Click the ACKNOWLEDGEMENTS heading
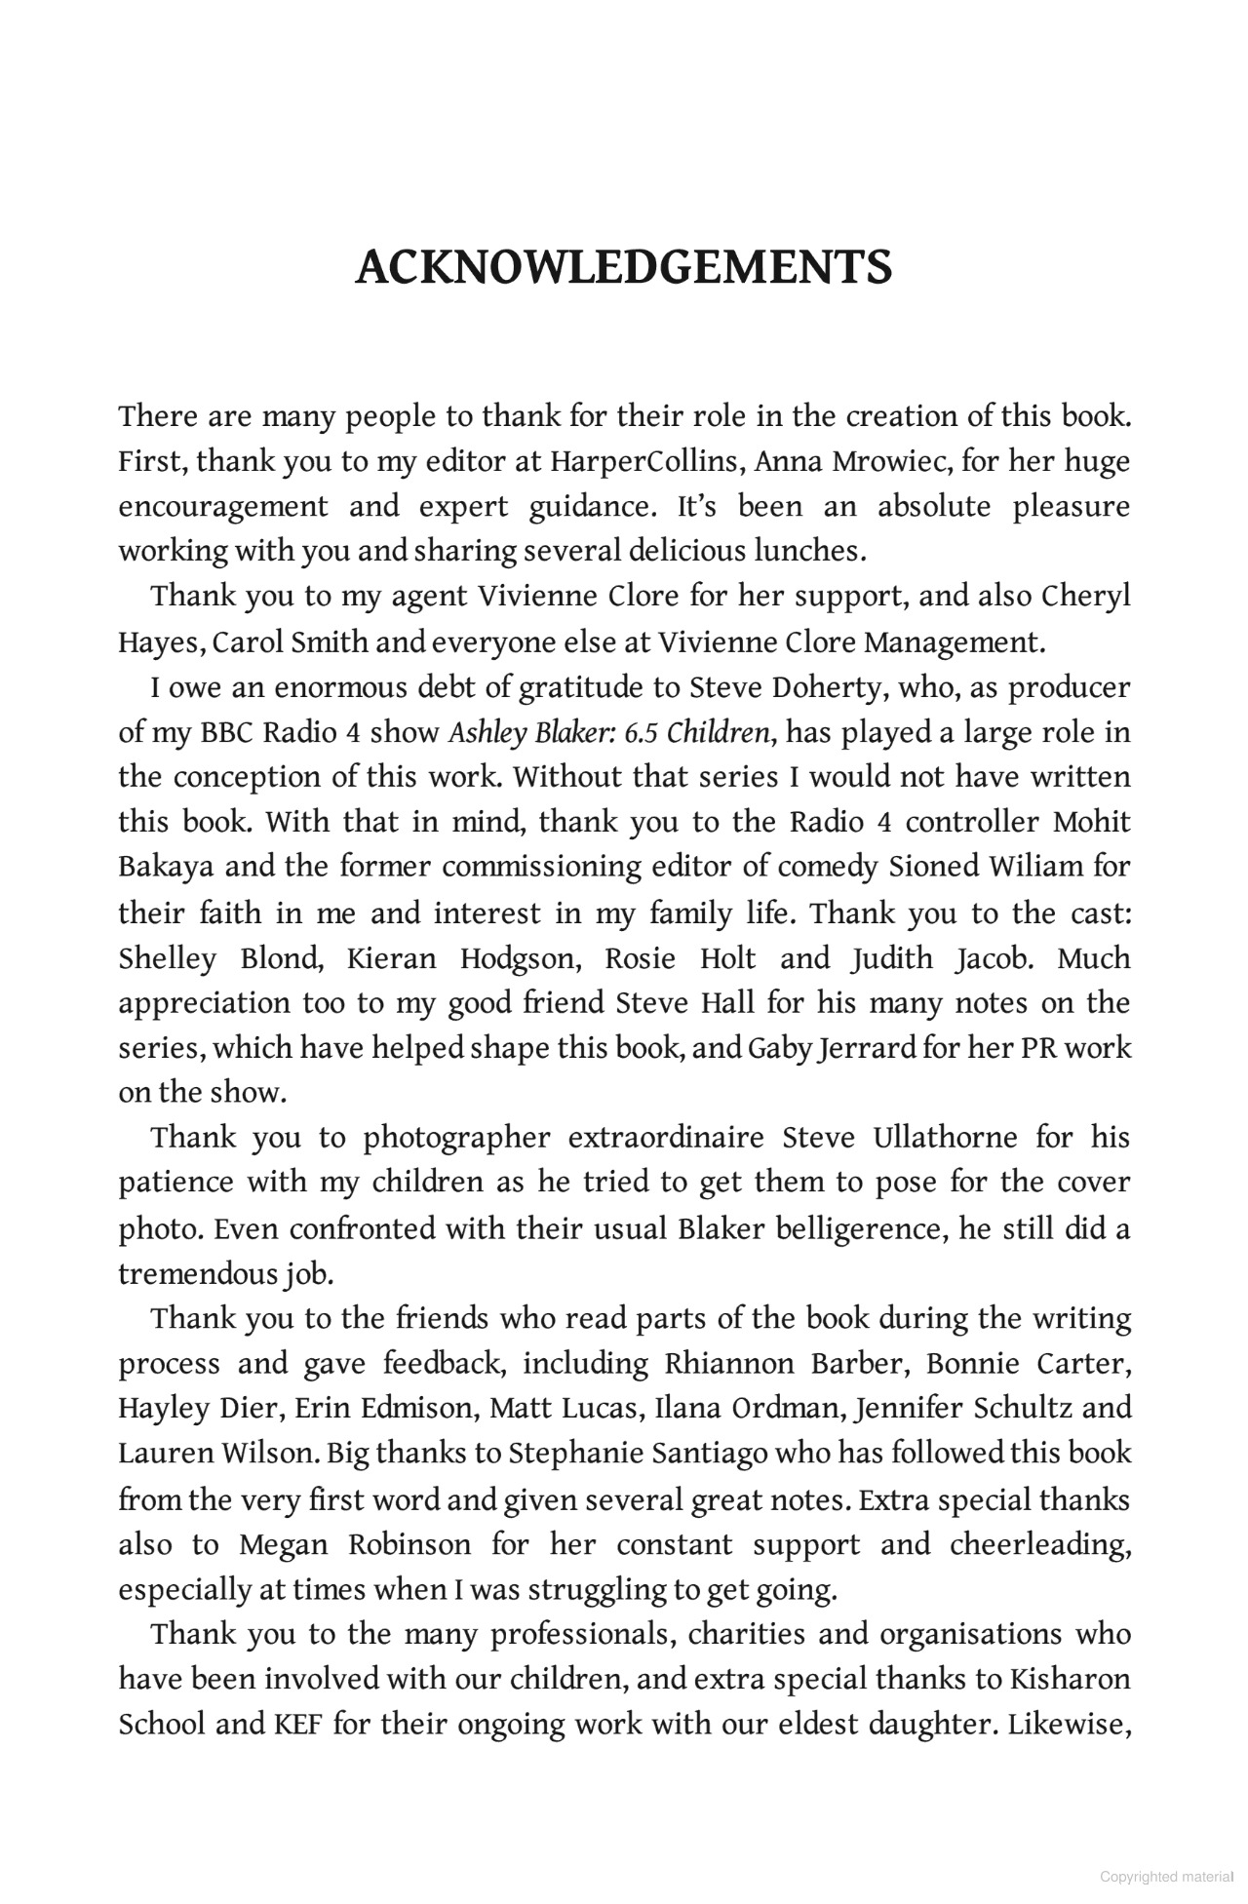point(623,267)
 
